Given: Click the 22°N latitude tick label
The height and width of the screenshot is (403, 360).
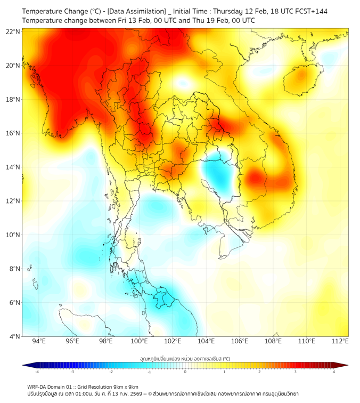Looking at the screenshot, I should pos(13,31).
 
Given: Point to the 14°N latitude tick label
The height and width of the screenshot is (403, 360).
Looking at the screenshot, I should pos(13,167).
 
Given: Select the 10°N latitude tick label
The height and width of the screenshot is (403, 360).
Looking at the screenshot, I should pos(13,235).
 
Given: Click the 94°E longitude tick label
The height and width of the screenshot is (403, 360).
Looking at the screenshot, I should pos(39,341).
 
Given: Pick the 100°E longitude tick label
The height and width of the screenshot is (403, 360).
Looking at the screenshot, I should pos(140,341).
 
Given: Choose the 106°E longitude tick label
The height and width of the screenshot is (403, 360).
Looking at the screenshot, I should pos(240,341).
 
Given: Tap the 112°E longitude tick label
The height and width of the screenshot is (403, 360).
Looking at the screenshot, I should pos(340,341).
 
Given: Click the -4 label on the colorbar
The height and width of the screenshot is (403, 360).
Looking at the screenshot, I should pos(36,372).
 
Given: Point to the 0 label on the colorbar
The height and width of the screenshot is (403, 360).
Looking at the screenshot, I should pos(185,372).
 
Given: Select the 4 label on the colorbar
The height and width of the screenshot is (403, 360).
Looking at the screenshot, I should pos(334,372).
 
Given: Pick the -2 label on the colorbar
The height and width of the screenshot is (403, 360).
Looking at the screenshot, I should pos(110,372).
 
